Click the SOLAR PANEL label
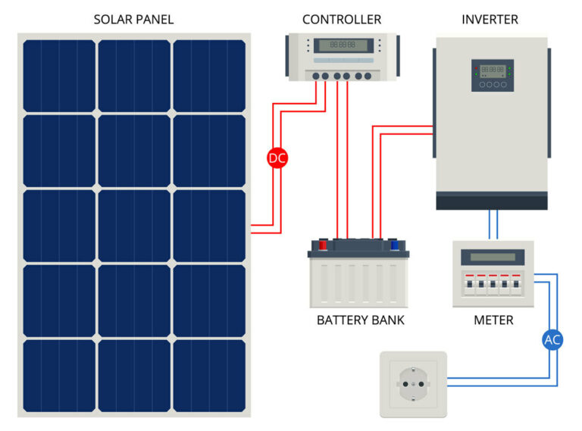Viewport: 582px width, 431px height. coord(133,19)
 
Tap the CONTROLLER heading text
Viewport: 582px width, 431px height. coord(342,19)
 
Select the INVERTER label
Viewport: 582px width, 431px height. coord(490,19)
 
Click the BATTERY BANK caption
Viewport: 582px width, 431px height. coord(360,320)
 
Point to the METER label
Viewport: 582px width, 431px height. coord(493,320)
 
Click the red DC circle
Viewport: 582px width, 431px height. coord(277,158)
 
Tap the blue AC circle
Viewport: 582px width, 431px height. coord(552,339)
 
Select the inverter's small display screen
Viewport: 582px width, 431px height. coord(493,69)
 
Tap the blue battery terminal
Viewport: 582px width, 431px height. coord(394,245)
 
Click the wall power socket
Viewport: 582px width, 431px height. coord(413,384)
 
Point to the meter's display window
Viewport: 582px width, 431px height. coord(493,257)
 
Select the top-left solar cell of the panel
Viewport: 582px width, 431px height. coord(59,76)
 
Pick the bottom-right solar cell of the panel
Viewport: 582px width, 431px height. coord(209,375)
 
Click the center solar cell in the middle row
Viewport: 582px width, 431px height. coord(134,225)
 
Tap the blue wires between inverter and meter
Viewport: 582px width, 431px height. coord(493,225)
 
